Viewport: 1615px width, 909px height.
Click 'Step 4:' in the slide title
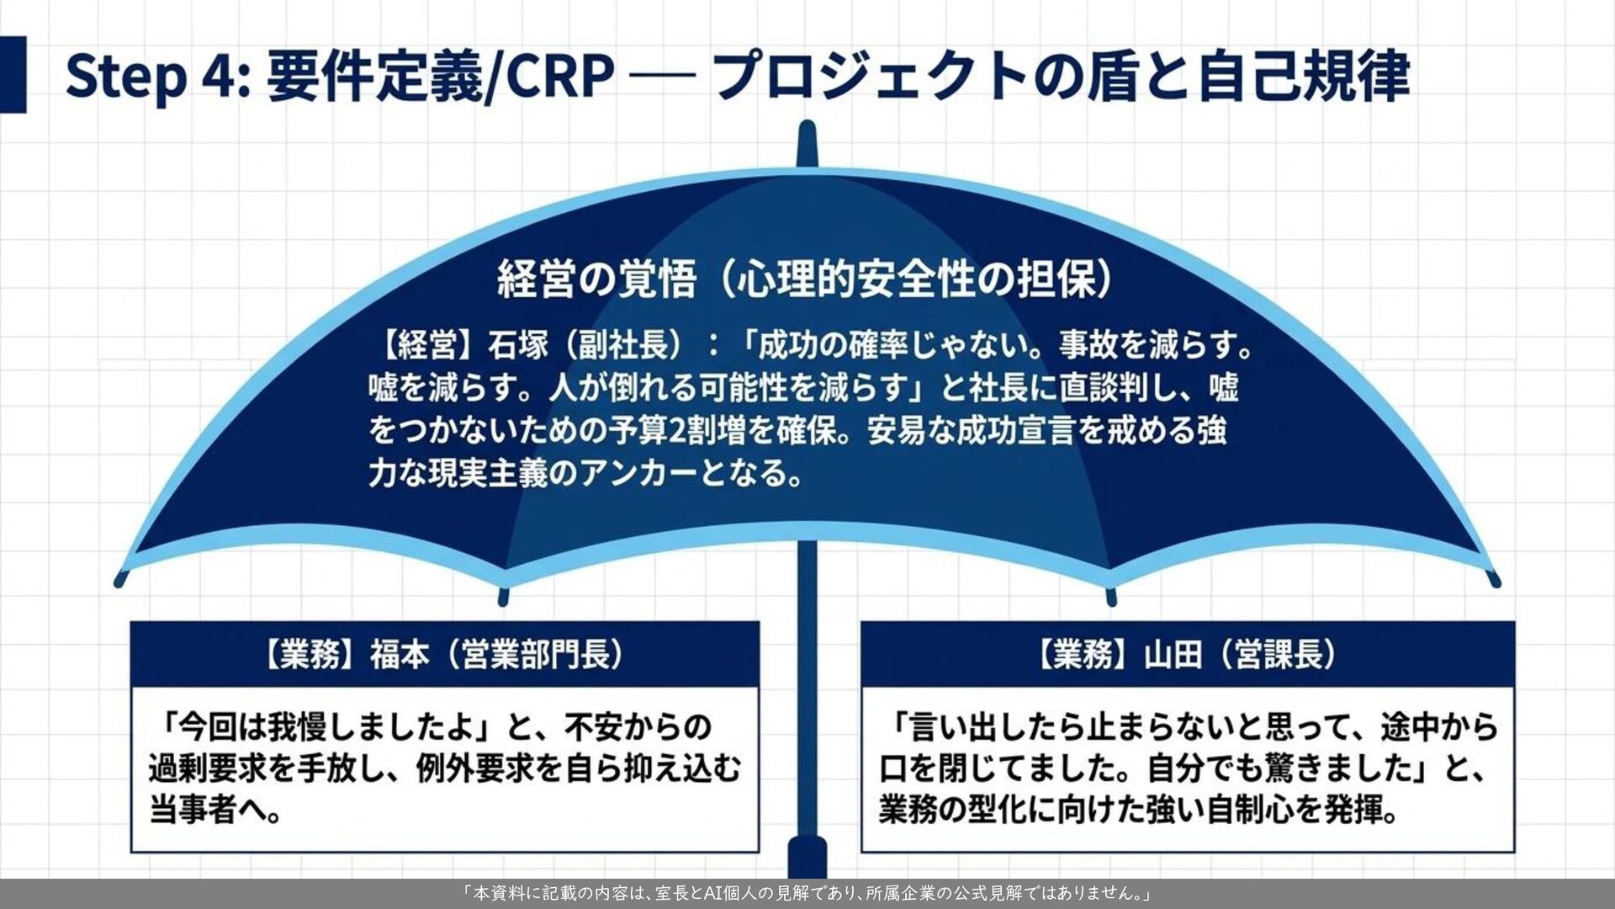click(157, 76)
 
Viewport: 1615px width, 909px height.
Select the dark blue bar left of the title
click(13, 74)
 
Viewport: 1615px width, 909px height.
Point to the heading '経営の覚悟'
click(597, 279)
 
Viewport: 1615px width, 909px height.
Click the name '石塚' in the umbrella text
click(518, 344)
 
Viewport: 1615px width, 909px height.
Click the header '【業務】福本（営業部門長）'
click(445, 654)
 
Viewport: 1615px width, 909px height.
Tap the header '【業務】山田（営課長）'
click(1188, 654)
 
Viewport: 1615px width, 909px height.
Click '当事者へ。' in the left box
click(216, 811)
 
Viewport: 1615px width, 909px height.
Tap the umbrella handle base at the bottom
click(807, 858)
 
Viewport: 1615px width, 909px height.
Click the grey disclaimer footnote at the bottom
click(807, 893)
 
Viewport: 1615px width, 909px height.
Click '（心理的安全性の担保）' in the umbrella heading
click(917, 279)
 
